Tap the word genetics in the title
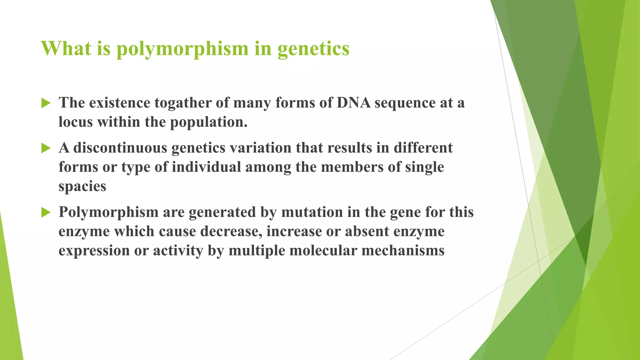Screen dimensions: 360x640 point(313,49)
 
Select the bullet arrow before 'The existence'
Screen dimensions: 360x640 point(46,103)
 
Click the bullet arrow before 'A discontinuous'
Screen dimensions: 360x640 point(46,148)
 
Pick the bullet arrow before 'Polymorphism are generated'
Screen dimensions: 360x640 point(46,212)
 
